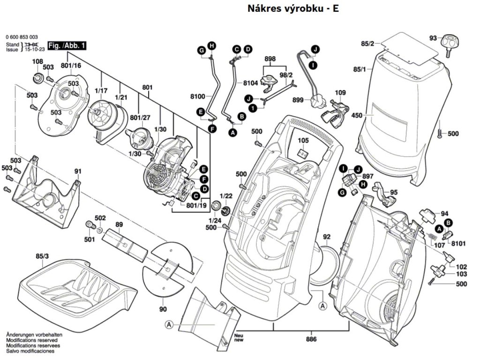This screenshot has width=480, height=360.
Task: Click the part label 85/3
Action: pos(42,256)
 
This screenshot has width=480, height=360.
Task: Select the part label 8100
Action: pos(198,97)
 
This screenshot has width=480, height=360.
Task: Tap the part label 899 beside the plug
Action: pos(298,99)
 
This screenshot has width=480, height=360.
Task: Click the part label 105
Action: pos(303,141)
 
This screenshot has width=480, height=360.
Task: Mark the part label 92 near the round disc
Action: pos(327,237)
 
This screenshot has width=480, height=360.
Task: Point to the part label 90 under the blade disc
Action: pos(163,309)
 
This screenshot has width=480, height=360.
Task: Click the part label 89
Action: pos(119,225)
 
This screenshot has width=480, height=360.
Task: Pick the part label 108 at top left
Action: pos(37,62)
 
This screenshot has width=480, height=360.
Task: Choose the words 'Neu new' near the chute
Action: pos(239,337)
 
